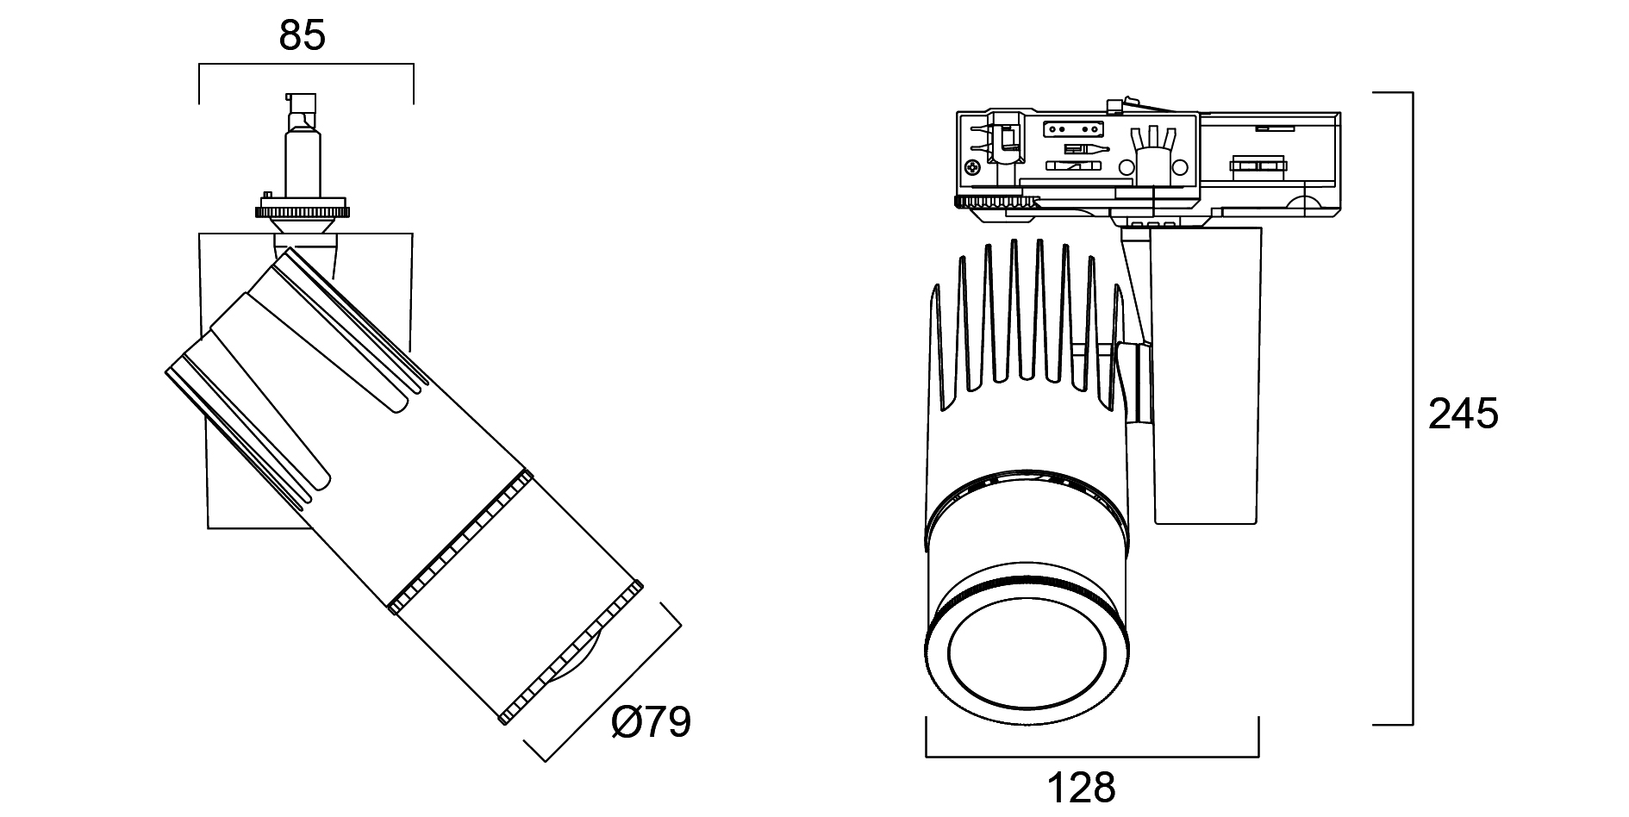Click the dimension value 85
[303, 36]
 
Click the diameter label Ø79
[651, 722]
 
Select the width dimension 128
[1082, 786]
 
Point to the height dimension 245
[1464, 415]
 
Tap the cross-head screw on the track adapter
[974, 168]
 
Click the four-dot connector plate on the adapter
[1072, 129]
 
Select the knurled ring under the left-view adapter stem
[303, 210]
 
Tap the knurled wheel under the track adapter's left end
[995, 203]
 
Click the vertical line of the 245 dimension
[1412, 405]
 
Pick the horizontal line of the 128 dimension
[1092, 757]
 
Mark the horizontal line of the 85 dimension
[306, 65]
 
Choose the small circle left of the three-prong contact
[1125, 167]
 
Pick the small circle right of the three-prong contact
[1180, 167]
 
